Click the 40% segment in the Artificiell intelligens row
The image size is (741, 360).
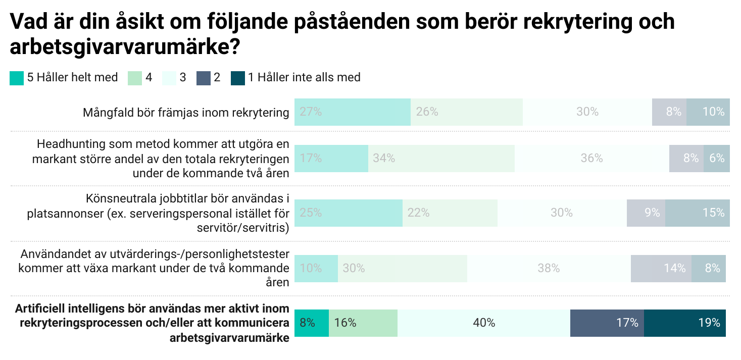point(483,323)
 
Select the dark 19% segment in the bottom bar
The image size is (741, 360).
point(684,323)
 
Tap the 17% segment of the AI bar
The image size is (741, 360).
point(607,323)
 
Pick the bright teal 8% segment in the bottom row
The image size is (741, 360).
point(311,323)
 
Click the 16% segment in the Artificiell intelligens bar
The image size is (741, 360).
point(363,323)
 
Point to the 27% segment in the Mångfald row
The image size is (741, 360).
point(352,112)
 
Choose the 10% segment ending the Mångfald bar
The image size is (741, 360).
point(708,112)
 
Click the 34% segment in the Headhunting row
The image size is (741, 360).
point(441,158)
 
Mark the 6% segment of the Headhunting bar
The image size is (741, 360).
point(716,158)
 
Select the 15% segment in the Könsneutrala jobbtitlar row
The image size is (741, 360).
point(697,213)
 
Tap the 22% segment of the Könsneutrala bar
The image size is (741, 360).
point(450,213)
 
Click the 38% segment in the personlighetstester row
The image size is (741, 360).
point(549,269)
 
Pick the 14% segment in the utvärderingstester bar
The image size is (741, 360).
point(661,269)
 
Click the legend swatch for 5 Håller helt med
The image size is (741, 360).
point(17,78)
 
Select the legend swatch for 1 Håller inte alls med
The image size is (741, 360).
point(237,78)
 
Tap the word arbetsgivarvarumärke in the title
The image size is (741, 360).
point(119,47)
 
